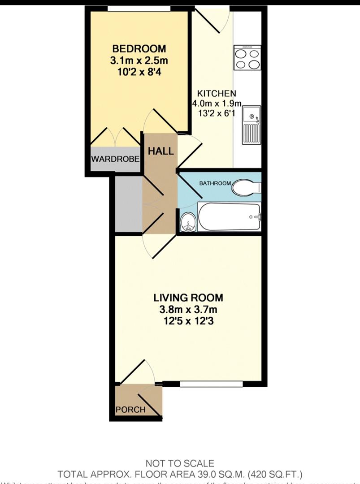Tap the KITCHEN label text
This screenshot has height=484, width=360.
point(217,94)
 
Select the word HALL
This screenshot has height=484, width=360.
point(160,151)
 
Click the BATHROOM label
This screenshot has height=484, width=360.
point(215,183)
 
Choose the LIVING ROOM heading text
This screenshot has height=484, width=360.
point(188,298)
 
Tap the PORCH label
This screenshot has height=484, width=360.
point(130,410)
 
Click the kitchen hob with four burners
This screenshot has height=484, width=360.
point(247,58)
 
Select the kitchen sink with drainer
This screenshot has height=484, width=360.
point(252,124)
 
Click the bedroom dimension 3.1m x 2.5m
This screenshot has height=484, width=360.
point(139,60)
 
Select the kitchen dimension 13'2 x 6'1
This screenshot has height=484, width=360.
point(217,114)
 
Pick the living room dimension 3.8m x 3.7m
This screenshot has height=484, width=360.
point(188,309)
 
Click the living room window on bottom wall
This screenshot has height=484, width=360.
point(211,384)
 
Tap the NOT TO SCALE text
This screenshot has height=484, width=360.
point(180,463)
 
